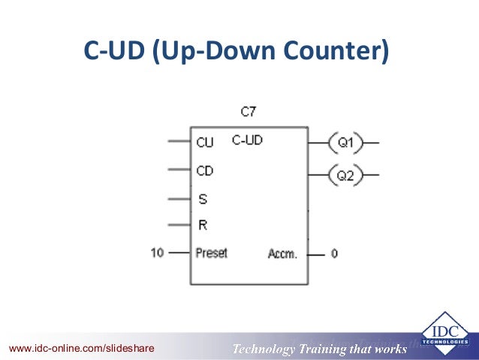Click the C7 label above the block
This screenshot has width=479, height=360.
(x=249, y=112)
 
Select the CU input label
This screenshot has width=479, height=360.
(x=204, y=141)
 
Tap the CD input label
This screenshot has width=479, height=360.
(x=204, y=171)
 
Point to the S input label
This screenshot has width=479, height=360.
(x=202, y=199)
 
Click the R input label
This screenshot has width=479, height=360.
(x=202, y=225)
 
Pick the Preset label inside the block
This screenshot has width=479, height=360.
(x=211, y=253)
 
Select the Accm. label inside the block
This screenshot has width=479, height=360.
(x=282, y=254)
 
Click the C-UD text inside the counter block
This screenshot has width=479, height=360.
(x=247, y=140)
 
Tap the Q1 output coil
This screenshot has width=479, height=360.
(x=346, y=141)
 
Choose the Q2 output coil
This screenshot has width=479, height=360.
(x=346, y=177)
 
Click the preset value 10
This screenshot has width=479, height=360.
(x=157, y=253)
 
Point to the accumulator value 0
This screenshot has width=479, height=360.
(x=334, y=254)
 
